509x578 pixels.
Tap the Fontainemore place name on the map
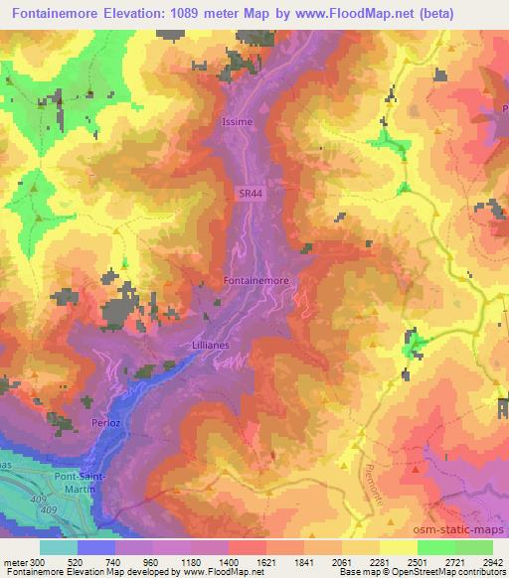tap(257, 281)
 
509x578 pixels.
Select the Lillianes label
tap(210, 344)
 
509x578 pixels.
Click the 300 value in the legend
tap(38, 563)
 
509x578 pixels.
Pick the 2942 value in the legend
tap(492, 563)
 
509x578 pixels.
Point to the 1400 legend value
tap(228, 563)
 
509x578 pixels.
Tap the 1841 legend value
tap(303, 563)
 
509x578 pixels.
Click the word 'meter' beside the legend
tap(15, 563)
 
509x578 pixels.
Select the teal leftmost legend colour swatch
tap(59, 547)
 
